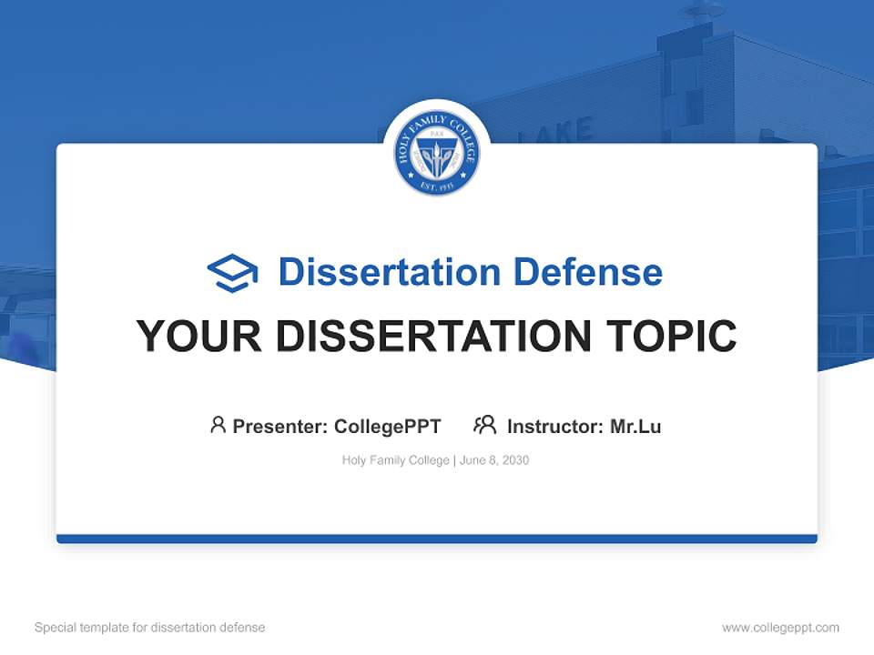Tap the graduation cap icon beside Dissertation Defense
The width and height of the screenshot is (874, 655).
[232, 272]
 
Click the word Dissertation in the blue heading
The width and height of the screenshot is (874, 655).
[389, 272]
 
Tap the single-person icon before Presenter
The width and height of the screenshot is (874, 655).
[218, 425]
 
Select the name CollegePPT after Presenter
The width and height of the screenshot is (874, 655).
[387, 426]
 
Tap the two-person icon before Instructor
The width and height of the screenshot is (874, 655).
[485, 425]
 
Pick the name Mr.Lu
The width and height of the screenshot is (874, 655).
[635, 426]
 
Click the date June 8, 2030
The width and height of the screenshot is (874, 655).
[494, 460]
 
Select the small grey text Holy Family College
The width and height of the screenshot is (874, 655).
[395, 460]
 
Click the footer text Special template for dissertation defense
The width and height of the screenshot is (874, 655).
[149, 628]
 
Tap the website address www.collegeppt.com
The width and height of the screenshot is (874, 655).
[780, 628]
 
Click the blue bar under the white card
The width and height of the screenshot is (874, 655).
[437, 539]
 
